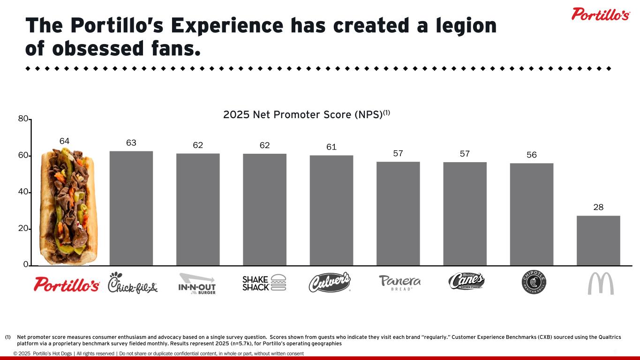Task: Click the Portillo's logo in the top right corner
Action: (600, 14)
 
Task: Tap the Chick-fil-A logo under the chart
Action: (133, 283)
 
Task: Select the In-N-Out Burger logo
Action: (197, 283)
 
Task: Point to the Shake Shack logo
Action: (264, 283)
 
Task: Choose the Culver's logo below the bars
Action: (330, 282)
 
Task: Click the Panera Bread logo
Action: (399, 283)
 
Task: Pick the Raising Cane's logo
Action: (466, 281)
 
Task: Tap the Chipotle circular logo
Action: (534, 283)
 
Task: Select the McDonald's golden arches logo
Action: (601, 283)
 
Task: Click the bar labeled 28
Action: (598, 240)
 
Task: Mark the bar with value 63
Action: (131, 208)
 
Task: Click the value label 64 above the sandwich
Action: (65, 141)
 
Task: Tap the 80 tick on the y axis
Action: (23, 119)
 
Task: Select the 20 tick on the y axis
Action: (23, 229)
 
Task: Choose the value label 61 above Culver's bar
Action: (331, 147)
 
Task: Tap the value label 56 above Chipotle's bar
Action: (531, 155)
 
